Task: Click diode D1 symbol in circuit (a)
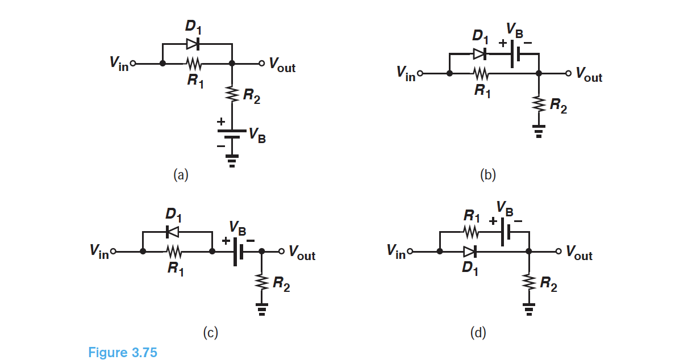[193, 44]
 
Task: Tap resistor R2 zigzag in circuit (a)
[232, 94]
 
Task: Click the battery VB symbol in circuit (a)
[232, 133]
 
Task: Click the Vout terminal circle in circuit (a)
[261, 64]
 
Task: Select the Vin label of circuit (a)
[119, 62]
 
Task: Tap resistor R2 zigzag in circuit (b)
[539, 104]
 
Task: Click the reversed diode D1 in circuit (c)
[172, 231]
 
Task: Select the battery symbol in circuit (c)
[237, 251]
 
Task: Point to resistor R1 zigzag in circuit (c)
[173, 251]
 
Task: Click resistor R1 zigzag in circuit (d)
[472, 232]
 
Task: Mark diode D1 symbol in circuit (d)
[470, 251]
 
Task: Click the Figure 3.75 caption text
[123, 353]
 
